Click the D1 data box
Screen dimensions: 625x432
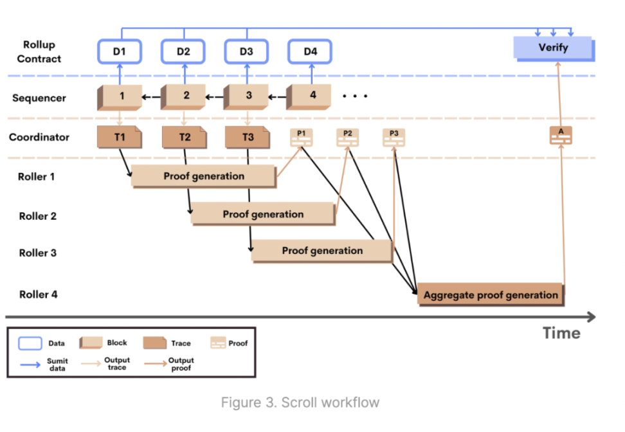120,51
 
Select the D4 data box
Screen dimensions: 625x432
310,51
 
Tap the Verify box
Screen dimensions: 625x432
554,49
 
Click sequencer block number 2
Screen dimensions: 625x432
183,96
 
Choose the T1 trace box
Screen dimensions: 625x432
119,137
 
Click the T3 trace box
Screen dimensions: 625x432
248,137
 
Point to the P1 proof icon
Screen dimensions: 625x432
302,138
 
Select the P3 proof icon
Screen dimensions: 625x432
394,138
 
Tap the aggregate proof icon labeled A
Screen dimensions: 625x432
561,136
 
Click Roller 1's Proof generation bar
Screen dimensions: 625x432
204,176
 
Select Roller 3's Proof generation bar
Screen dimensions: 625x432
322,251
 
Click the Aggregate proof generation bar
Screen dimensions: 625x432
491,295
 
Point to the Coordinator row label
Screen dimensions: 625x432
39,137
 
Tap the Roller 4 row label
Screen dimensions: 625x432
39,294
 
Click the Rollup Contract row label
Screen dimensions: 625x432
39,51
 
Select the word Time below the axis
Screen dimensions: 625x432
561,333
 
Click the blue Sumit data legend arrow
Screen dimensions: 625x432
30,364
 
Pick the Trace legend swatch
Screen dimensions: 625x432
155,343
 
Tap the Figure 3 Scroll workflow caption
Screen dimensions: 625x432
300,402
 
